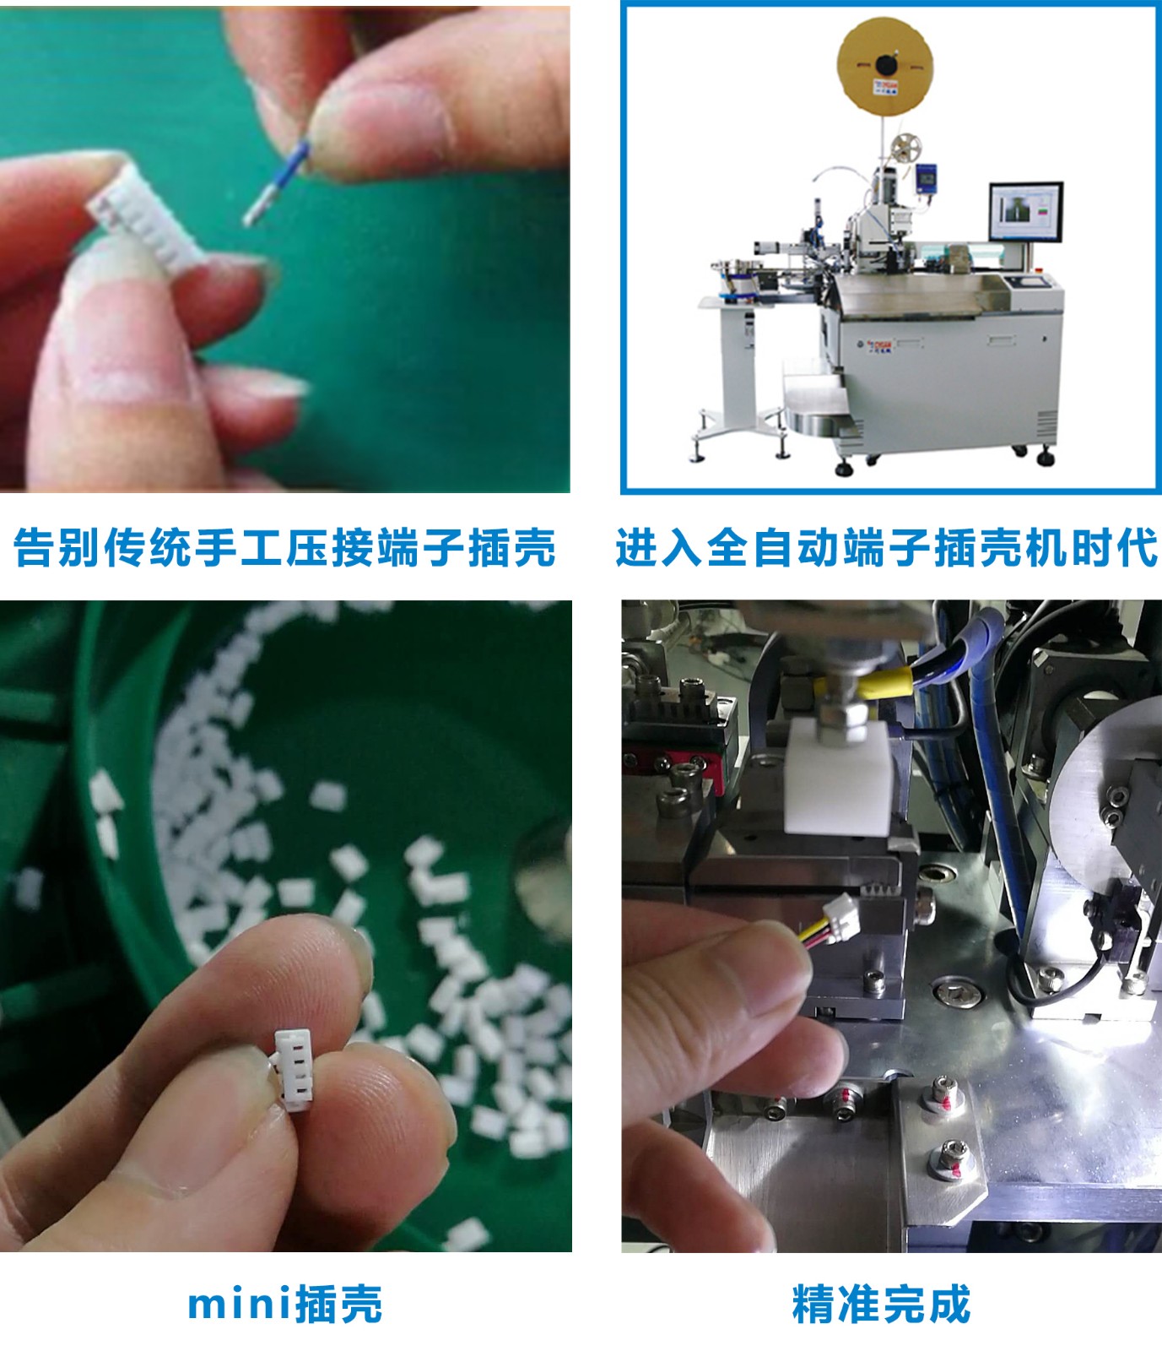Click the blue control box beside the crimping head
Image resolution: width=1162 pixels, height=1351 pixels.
[x=927, y=179]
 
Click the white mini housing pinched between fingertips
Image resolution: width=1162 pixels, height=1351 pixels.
[x=293, y=1067]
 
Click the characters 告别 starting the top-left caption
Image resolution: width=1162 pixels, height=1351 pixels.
[x=58, y=547]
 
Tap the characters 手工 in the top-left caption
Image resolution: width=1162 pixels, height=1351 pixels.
[x=239, y=547]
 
